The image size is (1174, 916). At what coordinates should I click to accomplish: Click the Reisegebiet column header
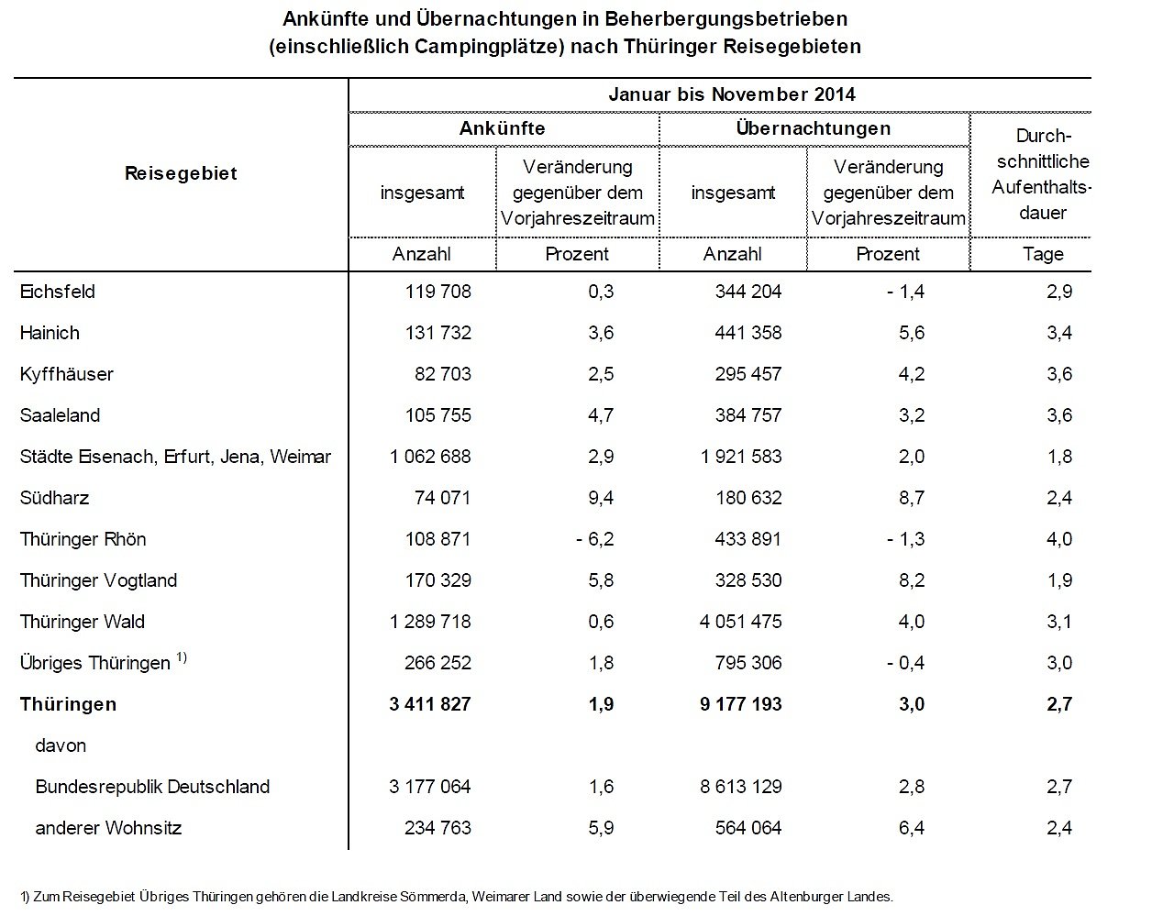[181, 173]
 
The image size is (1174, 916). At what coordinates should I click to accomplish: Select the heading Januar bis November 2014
[731, 94]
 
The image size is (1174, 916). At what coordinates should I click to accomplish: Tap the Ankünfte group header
[502, 128]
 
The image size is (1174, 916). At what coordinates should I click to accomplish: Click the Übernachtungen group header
[813, 128]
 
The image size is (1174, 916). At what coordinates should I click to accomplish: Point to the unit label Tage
[1043, 254]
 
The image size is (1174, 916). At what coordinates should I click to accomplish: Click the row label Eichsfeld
[57, 292]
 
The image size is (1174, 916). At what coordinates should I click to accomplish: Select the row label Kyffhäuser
[66, 374]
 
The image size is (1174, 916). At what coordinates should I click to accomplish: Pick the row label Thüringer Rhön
[83, 539]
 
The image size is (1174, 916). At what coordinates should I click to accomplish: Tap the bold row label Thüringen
[68, 704]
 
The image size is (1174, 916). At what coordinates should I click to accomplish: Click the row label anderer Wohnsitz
[108, 828]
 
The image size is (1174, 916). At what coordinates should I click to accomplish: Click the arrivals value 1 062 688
[430, 457]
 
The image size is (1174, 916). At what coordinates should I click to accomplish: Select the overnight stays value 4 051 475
[740, 622]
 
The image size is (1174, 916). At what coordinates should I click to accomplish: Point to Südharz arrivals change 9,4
[601, 498]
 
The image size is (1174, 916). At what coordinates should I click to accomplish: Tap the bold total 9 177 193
[740, 704]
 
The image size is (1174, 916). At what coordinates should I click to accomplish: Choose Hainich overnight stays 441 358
[748, 333]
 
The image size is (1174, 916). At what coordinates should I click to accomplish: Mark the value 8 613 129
[740, 787]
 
